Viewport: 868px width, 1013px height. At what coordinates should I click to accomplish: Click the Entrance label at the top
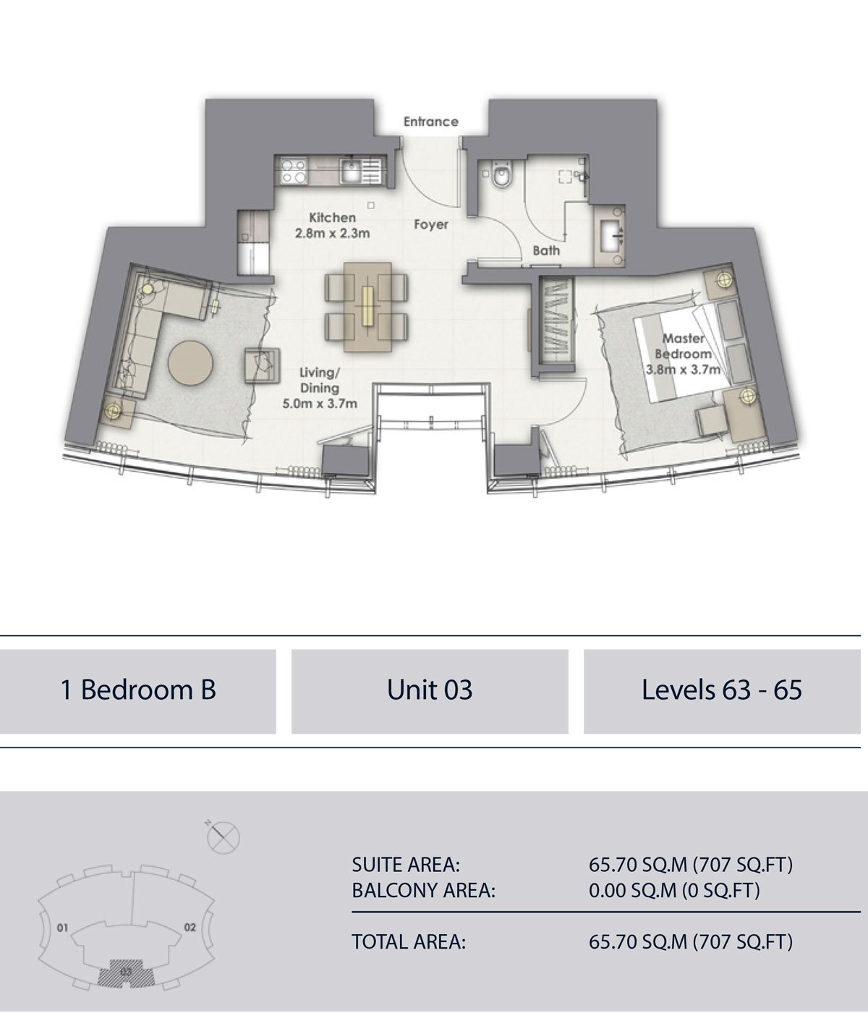tap(431, 122)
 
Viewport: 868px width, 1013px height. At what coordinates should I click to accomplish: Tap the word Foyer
tap(431, 224)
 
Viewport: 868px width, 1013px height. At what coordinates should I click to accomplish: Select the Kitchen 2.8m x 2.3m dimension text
tap(332, 225)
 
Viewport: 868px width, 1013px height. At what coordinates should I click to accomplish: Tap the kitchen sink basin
tap(352, 171)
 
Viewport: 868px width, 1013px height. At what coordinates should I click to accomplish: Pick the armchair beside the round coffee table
tap(263, 365)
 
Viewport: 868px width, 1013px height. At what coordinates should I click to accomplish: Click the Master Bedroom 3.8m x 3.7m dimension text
tap(683, 353)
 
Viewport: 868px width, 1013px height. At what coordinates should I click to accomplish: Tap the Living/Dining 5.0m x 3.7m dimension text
tap(320, 388)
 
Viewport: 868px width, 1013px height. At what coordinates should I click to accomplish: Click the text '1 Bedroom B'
tap(138, 690)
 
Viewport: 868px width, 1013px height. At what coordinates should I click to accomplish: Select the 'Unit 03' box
tap(430, 692)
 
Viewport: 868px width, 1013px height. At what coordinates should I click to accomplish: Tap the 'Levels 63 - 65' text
tap(722, 690)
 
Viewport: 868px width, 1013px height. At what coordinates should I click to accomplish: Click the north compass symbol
tap(223, 836)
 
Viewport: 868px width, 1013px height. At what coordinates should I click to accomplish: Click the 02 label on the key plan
tap(190, 927)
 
